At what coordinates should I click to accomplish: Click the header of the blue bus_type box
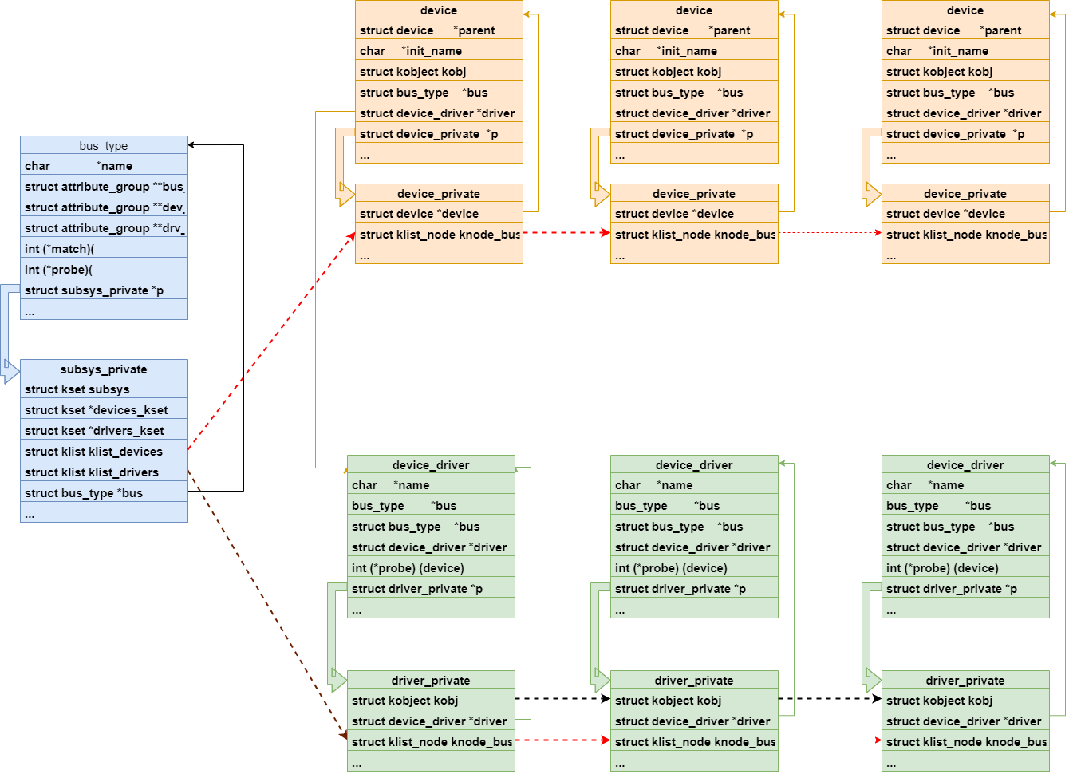(x=104, y=145)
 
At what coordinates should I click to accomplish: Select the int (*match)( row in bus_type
(x=104, y=249)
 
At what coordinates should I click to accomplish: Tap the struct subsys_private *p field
(x=104, y=290)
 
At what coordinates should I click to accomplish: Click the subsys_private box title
(x=104, y=369)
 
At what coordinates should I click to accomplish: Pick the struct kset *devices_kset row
(x=104, y=410)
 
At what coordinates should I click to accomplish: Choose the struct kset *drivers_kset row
(x=104, y=431)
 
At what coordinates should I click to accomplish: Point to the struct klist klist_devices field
(x=104, y=452)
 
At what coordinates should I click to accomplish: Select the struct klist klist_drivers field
(x=104, y=472)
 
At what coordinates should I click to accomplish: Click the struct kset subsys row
(x=104, y=389)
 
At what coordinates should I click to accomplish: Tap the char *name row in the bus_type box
(x=104, y=166)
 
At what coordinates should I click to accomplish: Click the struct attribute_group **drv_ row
(x=104, y=228)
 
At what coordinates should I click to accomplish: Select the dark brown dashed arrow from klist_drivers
(x=267, y=603)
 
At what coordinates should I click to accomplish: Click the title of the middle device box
(x=694, y=10)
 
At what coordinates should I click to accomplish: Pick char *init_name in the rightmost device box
(x=965, y=51)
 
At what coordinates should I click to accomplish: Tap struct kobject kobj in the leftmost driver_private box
(x=431, y=701)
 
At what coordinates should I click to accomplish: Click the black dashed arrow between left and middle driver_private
(x=562, y=699)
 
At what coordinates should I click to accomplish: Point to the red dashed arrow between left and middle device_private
(x=566, y=233)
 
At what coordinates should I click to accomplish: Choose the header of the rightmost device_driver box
(x=965, y=464)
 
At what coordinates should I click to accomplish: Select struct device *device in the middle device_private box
(x=694, y=214)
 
